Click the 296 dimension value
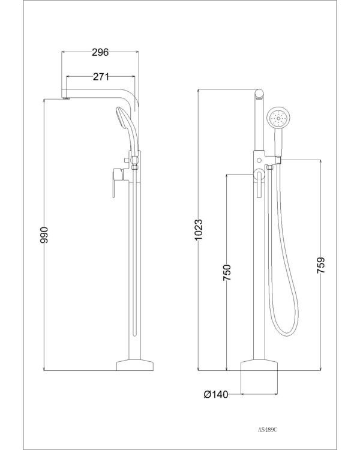(100, 52)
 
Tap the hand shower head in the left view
(122, 119)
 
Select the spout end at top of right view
(259, 94)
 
